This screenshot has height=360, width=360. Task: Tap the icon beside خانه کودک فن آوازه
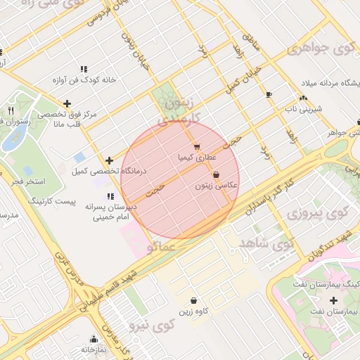[x=84, y=69]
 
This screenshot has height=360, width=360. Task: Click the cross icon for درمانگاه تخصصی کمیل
[x=109, y=160]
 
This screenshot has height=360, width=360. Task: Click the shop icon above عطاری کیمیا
[x=196, y=146]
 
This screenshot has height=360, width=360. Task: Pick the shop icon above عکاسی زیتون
[x=215, y=174]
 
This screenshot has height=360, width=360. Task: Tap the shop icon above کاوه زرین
[x=193, y=300]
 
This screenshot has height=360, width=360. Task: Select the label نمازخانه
[x=93, y=349]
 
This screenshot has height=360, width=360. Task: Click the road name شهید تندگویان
[x=330, y=248]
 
